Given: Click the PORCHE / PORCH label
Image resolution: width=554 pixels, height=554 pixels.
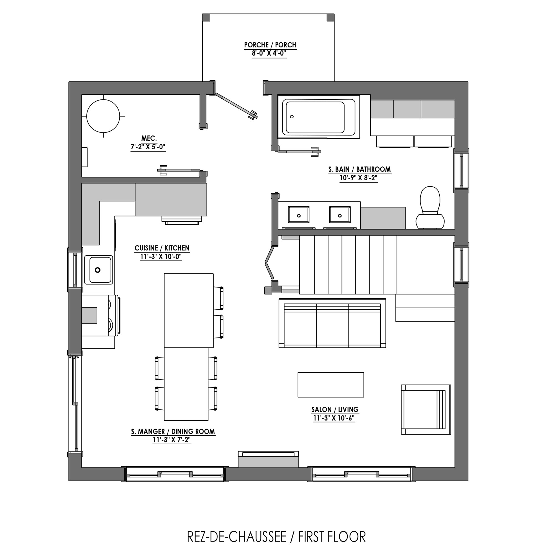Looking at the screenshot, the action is tap(270, 45).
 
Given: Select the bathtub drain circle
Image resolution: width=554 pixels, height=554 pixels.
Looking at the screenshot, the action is tap(292, 117).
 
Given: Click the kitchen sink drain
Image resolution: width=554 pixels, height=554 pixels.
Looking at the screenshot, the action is tap(98, 270).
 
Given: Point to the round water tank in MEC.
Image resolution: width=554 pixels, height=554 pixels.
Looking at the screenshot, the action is tap(103, 116).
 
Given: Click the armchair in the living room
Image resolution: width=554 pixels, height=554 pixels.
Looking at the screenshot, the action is tap(426, 409).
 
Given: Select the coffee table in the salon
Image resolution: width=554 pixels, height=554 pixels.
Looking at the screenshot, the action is tap(331, 385).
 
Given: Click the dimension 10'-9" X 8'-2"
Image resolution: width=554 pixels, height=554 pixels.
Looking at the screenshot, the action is tap(359, 178).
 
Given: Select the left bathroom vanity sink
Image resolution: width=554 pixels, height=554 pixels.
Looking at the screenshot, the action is tap(299, 215).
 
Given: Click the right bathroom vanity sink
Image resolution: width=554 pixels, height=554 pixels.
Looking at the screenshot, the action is tap(340, 215).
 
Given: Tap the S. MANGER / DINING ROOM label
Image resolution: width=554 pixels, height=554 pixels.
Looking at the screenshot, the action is tap(173, 432).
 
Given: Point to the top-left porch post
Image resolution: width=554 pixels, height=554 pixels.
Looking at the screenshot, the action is tap(206, 17).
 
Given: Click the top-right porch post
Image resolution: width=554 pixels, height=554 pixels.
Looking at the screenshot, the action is tap(331, 17).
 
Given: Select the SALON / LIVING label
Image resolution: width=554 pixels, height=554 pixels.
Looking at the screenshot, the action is tap(335, 409).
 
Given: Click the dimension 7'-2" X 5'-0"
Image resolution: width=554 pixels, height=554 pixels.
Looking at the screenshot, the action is tap(148, 147).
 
